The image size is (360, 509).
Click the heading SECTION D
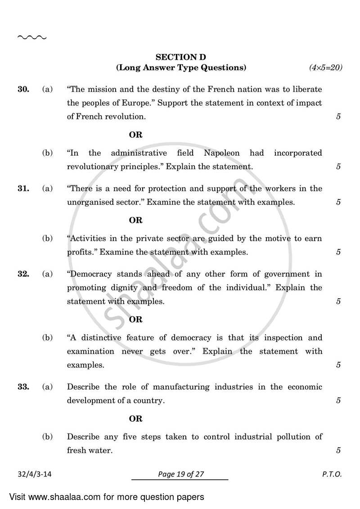(181, 57)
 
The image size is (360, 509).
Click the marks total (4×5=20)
(326, 68)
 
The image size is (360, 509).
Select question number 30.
(23, 90)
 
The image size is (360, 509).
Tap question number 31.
(23, 189)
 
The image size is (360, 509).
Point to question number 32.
(23, 274)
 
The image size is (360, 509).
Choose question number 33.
(23, 387)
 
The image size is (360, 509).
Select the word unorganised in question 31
(89, 202)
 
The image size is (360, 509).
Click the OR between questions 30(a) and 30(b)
(135, 135)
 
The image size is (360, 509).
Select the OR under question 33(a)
(135, 419)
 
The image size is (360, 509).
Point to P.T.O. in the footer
(332, 474)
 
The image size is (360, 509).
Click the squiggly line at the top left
(31, 37)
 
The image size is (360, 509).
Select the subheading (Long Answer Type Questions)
(181, 68)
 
